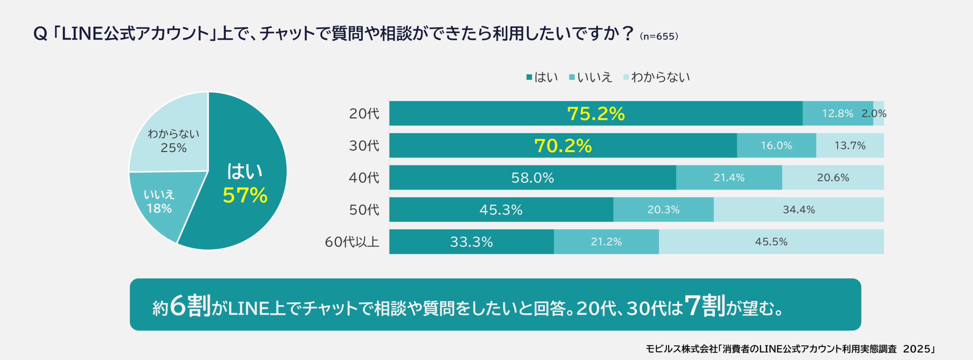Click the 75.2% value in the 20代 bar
[596, 114]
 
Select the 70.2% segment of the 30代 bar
[563, 146]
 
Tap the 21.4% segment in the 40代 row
[729, 178]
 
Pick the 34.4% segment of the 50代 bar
[799, 209]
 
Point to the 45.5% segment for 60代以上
[771, 242]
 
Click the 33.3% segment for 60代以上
[471, 242]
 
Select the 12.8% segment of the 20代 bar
[837, 114]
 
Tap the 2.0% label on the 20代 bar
[874, 114]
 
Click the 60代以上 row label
[352, 242]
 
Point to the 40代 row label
[364, 178]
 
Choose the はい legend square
[529, 77]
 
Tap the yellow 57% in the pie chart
[245, 195]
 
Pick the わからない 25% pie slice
[173, 141]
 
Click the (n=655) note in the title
[659, 36]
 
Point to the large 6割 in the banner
[190, 306]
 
